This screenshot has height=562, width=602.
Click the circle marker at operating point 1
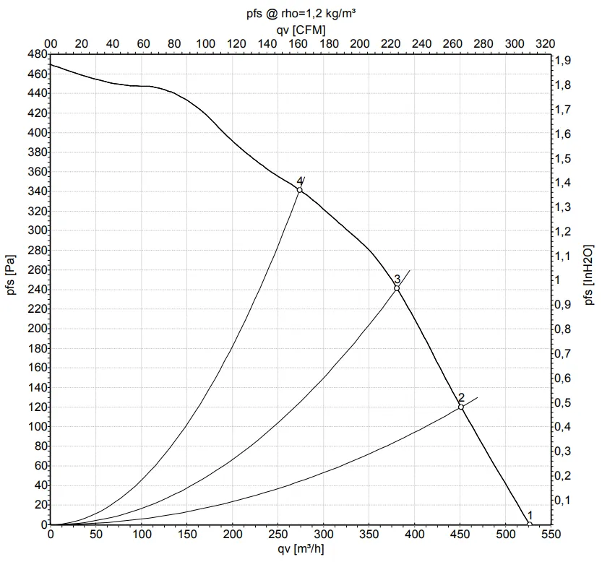(x=529, y=524)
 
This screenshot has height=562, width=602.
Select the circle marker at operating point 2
(x=460, y=407)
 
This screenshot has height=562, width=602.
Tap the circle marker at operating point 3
(x=397, y=288)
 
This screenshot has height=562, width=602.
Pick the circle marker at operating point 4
(x=299, y=190)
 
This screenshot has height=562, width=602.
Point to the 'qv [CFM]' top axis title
(x=301, y=29)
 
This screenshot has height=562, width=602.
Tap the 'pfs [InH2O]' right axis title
(x=590, y=274)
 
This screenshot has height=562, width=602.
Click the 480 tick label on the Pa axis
(x=37, y=54)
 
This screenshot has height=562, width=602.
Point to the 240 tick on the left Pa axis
(x=37, y=290)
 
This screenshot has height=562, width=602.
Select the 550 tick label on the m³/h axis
(x=551, y=536)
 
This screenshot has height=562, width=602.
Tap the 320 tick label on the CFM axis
(x=546, y=43)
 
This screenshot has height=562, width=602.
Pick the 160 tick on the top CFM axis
(x=298, y=43)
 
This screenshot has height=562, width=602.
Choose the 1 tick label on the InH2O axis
(x=558, y=280)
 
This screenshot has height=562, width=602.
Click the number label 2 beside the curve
(x=461, y=397)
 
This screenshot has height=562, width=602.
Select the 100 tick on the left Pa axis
(x=37, y=427)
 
